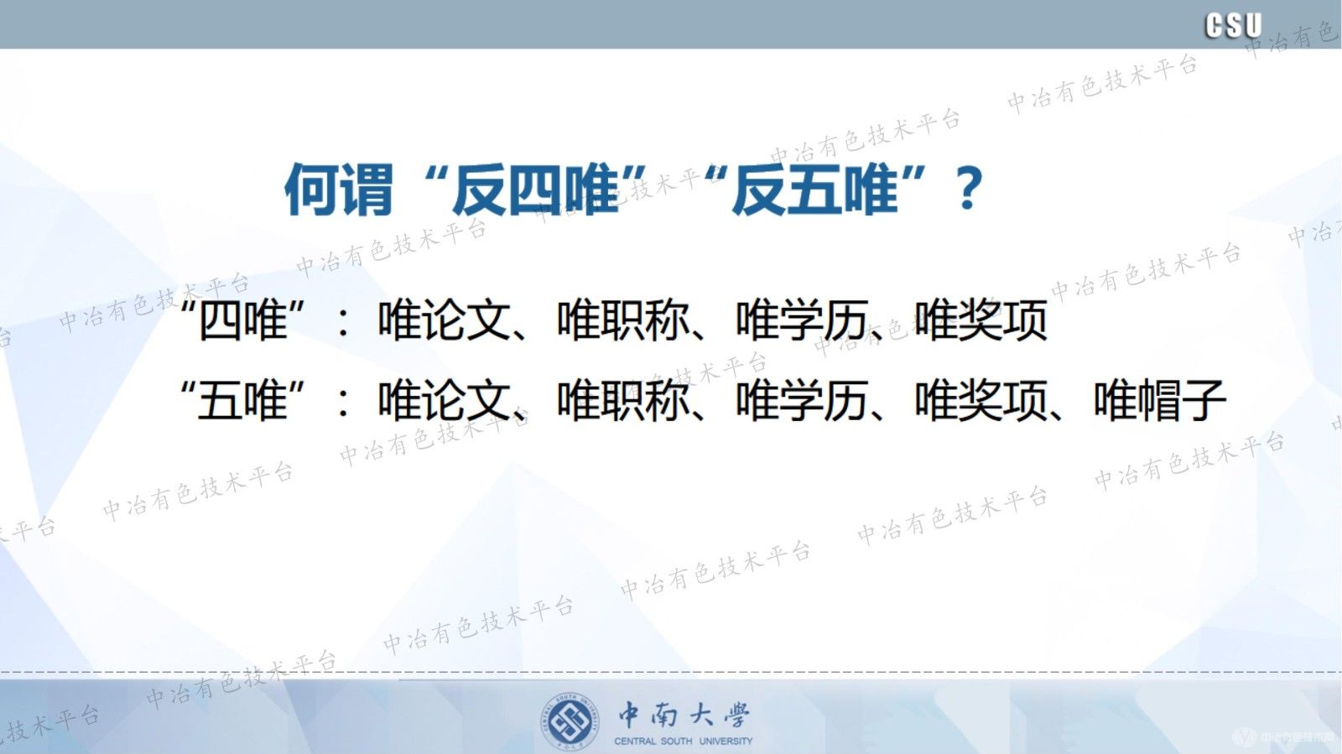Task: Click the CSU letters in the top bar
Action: (1233, 25)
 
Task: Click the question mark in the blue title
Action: (968, 189)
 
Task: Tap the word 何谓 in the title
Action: (339, 190)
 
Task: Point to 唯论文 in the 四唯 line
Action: (444, 320)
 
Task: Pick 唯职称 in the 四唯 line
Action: (622, 320)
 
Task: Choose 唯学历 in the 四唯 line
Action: (801, 320)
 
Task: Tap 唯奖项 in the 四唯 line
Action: (980, 320)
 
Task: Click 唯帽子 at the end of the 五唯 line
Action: (1159, 400)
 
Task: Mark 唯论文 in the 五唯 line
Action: (444, 400)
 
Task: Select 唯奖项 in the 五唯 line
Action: (980, 400)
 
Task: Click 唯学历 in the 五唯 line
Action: (801, 400)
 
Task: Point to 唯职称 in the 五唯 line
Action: (622, 400)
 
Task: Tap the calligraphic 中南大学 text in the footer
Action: (684, 715)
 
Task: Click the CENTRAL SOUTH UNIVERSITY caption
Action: (683, 741)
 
